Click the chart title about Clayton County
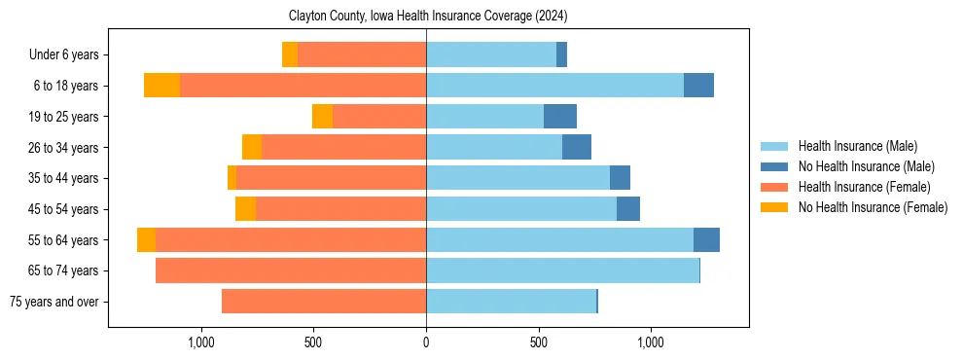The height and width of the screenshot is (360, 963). pos(428,17)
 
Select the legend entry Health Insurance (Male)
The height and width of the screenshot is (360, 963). pos(857,146)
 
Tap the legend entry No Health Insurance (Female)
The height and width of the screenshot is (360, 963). pos(873,207)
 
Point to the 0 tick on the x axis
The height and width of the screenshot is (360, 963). pos(426,342)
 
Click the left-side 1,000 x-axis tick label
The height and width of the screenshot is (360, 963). pos(200,342)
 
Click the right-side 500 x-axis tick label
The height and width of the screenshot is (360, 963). pos(538,342)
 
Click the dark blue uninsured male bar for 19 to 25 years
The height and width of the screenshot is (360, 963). pos(560,117)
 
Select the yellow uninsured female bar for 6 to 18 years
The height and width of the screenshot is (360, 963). pos(162,86)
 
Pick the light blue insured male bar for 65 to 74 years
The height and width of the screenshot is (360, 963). pos(562,270)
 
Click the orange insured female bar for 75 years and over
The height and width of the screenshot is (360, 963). pos(324,302)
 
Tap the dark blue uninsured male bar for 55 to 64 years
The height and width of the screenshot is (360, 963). pos(706,239)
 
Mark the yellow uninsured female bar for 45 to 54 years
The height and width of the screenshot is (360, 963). pos(245,209)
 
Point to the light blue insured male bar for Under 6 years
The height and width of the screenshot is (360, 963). pos(491,54)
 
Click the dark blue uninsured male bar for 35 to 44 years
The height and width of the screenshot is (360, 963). pos(620,178)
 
